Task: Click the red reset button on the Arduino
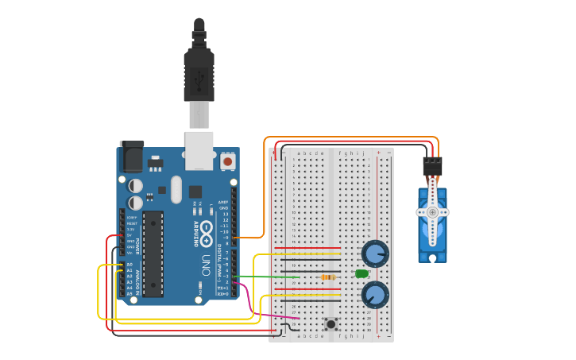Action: click(228, 161)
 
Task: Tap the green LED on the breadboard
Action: click(361, 274)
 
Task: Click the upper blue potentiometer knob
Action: click(374, 254)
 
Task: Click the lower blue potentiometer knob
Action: click(374, 296)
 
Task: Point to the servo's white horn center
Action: click(432, 213)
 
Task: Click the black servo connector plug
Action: click(432, 166)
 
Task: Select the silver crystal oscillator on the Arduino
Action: click(176, 189)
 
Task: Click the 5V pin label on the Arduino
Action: click(130, 234)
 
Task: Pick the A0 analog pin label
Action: click(129, 265)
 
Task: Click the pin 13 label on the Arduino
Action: click(225, 215)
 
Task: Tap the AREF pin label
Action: click(224, 203)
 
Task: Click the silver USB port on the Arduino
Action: click(199, 151)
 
